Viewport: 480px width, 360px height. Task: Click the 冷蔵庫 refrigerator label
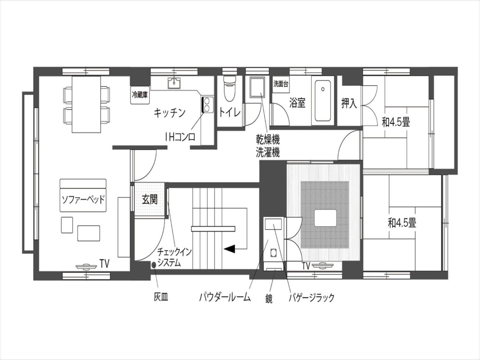(140, 95)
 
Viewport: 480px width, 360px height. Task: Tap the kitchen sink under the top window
(174, 83)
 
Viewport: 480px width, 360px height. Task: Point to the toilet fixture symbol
(229, 89)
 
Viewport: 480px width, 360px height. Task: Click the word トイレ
(230, 112)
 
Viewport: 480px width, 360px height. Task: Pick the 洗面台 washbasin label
(280, 84)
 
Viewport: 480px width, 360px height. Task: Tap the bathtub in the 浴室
(323, 100)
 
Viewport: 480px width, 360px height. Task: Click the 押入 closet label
(349, 103)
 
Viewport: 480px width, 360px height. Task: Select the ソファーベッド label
(83, 200)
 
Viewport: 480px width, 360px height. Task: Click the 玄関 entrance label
(150, 200)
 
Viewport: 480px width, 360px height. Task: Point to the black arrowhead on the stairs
(229, 249)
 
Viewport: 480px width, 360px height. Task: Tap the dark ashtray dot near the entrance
(154, 265)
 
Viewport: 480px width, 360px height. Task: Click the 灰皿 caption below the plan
(160, 298)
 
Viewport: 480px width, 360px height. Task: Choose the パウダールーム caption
(225, 298)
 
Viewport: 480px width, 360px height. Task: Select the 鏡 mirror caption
(269, 299)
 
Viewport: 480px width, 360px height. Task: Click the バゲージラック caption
(312, 298)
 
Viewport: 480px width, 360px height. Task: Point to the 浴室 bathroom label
(297, 103)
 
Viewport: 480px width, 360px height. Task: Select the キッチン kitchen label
(170, 113)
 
